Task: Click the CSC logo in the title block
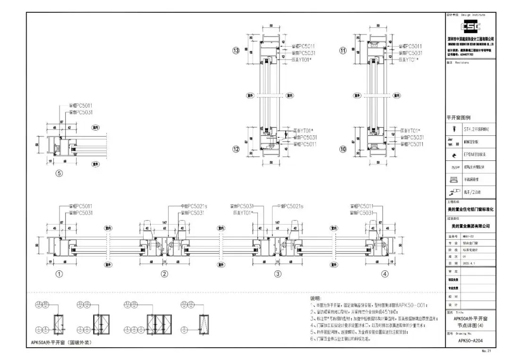tap(470, 27)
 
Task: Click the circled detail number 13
tap(236, 51)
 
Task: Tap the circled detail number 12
tap(236, 149)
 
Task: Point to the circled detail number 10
tap(343, 149)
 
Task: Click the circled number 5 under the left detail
tap(59, 173)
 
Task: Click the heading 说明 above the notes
tap(315, 299)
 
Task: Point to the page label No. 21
tap(486, 351)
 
